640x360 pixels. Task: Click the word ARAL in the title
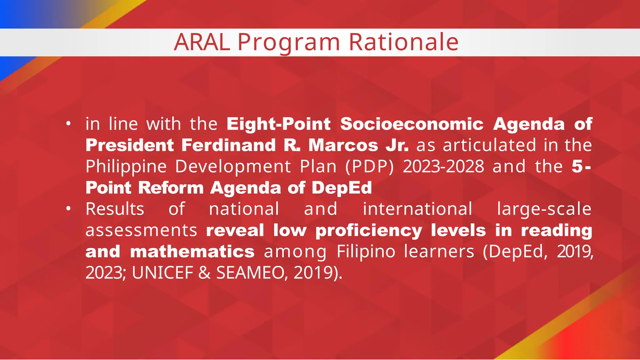[202, 42]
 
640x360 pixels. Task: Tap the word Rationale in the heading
[403, 42]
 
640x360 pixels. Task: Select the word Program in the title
[289, 43]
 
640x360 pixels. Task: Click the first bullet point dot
[68, 124]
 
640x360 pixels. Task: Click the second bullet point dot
[68, 209]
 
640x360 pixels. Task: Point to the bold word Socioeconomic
[412, 124]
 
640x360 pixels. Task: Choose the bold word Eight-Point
[278, 124]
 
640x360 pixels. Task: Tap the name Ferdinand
[228, 145]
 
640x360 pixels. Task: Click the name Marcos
[343, 145]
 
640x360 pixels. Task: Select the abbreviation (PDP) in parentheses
[370, 167]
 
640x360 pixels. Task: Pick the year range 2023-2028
[443, 167]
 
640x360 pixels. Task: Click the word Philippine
[126, 167]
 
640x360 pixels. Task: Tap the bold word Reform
[171, 188]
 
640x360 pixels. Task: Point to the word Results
[115, 209]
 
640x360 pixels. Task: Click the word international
[417, 209]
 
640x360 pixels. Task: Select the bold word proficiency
[369, 231]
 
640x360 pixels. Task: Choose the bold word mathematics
[192, 252]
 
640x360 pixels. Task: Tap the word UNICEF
[162, 273]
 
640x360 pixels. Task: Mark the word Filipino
[366, 252]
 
